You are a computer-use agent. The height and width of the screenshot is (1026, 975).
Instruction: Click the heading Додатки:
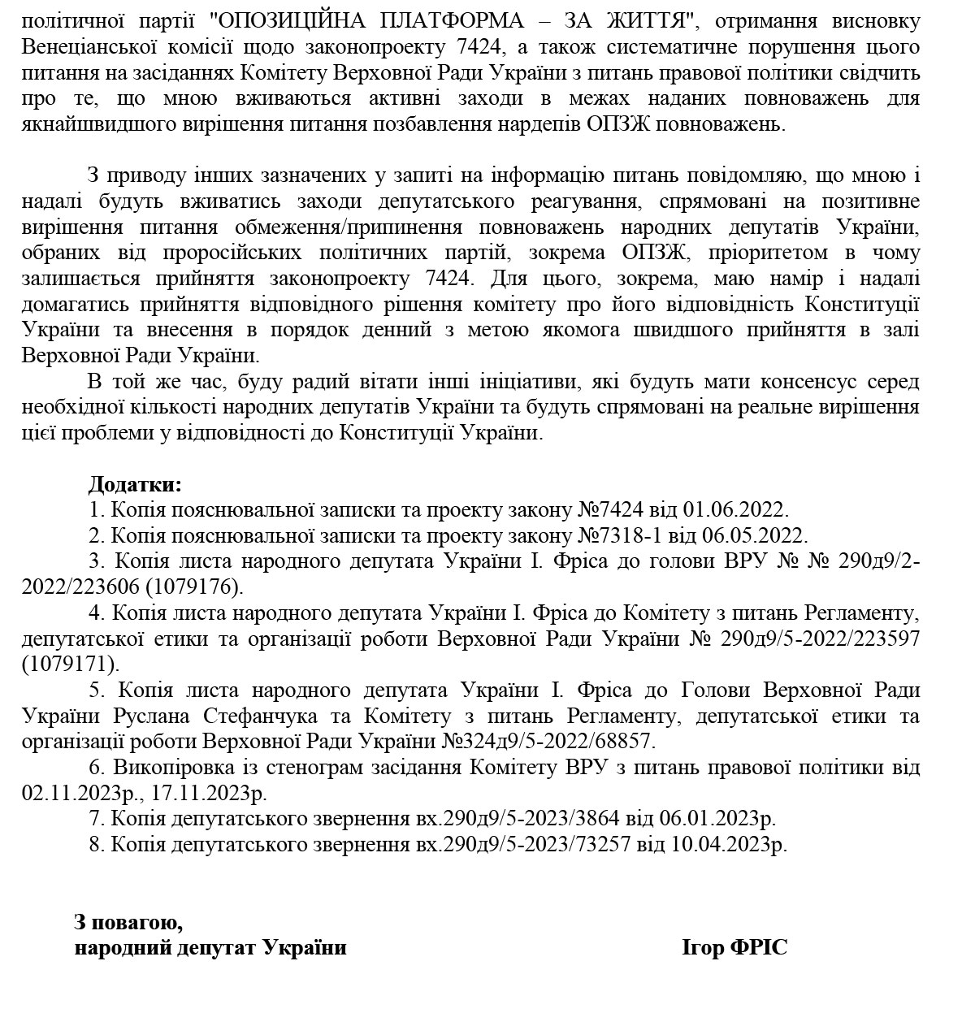[x=135, y=485]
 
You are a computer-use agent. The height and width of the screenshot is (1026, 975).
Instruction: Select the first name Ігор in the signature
[x=704, y=947]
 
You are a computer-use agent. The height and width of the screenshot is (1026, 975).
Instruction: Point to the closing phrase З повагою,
[x=128, y=922]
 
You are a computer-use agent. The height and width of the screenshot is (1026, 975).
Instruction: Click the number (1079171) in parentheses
[x=70, y=664]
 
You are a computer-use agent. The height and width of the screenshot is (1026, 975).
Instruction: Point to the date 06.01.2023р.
[x=723, y=818]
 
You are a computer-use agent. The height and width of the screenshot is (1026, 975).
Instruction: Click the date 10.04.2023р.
[x=730, y=844]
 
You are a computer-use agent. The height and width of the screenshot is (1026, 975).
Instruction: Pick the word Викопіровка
[x=166, y=767]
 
